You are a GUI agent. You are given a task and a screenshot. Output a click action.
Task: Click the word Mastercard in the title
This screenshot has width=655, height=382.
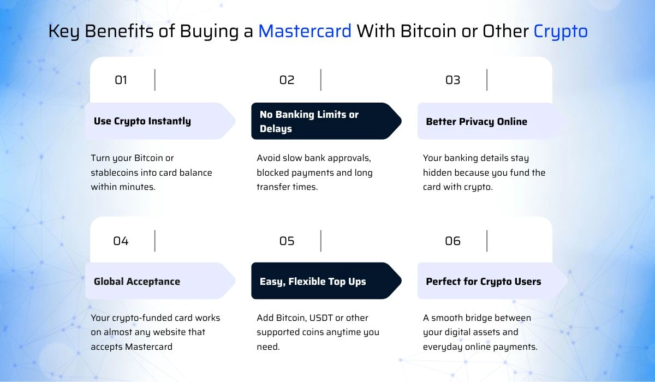tap(305, 31)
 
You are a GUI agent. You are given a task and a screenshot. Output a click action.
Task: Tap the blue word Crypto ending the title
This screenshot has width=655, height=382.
tap(561, 31)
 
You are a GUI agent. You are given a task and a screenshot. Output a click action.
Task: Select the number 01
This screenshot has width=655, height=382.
tap(121, 80)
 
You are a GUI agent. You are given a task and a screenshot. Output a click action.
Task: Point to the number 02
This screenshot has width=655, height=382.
tap(287, 80)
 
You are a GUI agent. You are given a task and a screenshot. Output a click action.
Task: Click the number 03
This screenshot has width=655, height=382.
tap(452, 80)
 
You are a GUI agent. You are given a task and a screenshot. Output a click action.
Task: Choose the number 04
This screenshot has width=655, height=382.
tap(121, 241)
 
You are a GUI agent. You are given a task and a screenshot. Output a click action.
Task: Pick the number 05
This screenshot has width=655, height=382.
tap(287, 241)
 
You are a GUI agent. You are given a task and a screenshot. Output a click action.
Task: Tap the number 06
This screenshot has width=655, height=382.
tap(452, 241)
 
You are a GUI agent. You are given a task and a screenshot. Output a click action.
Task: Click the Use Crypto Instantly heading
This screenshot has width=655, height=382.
tap(142, 121)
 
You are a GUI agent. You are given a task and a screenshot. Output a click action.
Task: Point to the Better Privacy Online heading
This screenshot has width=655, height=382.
tap(477, 121)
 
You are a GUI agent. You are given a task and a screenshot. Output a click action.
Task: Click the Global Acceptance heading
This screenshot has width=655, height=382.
tap(136, 282)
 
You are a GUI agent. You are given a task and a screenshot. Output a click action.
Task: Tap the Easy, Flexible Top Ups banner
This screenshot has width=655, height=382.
tap(313, 282)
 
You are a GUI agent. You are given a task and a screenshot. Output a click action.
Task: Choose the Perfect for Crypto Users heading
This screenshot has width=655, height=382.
tap(484, 282)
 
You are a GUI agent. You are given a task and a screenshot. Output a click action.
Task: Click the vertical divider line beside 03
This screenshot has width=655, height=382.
tap(487, 80)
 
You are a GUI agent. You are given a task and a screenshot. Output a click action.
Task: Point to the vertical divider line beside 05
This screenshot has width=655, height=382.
tap(321, 241)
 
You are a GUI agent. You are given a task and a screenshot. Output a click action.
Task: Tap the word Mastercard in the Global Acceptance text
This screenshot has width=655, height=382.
tap(149, 346)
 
